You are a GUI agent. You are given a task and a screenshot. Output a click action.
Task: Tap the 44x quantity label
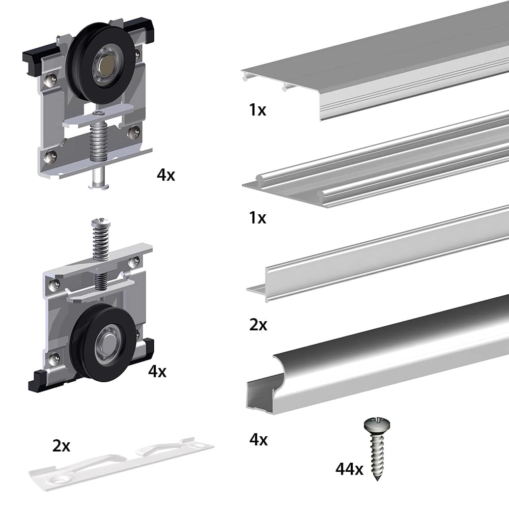tap(349, 469)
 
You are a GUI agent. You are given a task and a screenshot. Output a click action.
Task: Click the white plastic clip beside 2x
tap(122, 463)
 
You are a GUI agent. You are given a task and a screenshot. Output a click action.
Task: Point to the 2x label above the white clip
tap(61, 446)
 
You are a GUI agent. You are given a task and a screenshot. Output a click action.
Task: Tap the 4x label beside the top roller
tap(166, 176)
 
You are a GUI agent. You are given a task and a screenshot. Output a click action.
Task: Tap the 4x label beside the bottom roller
tap(157, 372)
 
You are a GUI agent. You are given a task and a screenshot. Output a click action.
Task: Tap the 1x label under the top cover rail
tap(258, 110)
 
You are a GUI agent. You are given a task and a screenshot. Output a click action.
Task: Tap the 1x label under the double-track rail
tap(258, 218)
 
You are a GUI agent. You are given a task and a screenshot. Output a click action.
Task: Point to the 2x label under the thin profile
tap(258, 325)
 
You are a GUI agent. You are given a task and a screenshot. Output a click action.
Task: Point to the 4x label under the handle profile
tap(258, 439)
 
